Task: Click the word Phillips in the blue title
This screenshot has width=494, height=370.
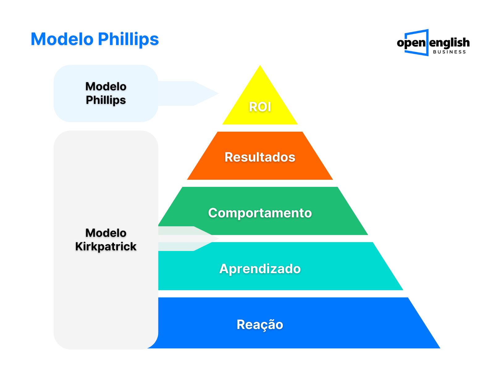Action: [x=128, y=40]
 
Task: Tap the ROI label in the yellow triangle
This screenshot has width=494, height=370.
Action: [x=260, y=107]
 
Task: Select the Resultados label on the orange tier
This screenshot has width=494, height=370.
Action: [x=260, y=157]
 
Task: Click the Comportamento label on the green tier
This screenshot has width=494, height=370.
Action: [x=260, y=213]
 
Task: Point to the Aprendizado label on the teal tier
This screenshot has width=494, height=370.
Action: [x=260, y=269]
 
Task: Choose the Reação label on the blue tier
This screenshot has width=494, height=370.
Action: [x=260, y=324]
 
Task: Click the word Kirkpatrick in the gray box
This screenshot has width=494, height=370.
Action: [x=106, y=247]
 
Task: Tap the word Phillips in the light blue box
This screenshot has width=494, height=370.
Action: [x=106, y=100]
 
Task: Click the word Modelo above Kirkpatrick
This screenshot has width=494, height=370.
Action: [x=106, y=233]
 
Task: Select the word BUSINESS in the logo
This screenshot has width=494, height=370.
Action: [x=449, y=52]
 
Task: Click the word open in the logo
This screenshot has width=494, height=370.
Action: [x=411, y=43]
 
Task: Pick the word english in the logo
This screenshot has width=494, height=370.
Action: [x=449, y=43]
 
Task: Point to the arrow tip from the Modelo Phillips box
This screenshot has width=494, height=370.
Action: [x=218, y=93]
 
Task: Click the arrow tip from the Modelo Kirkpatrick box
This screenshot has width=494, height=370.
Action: [x=218, y=239]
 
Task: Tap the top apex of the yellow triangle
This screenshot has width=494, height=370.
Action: [x=260, y=65]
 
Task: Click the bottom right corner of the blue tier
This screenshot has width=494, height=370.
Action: [x=440, y=348]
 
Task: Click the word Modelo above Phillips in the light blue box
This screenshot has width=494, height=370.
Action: [x=106, y=87]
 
